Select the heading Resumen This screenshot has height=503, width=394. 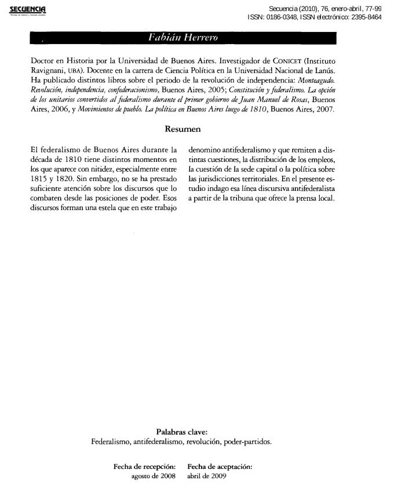pos(183,129)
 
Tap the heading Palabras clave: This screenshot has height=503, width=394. pos(181,432)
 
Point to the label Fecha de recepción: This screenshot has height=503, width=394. pos(144,466)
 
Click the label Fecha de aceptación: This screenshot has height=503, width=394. pos(220,466)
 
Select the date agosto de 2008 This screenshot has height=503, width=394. pos(154,476)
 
